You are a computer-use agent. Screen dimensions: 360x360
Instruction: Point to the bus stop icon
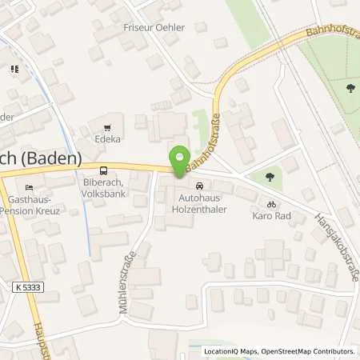102,170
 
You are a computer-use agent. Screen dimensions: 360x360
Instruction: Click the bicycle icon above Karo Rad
271,203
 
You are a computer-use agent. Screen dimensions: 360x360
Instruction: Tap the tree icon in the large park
350,89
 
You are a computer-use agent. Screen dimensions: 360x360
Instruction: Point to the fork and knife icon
14,70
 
